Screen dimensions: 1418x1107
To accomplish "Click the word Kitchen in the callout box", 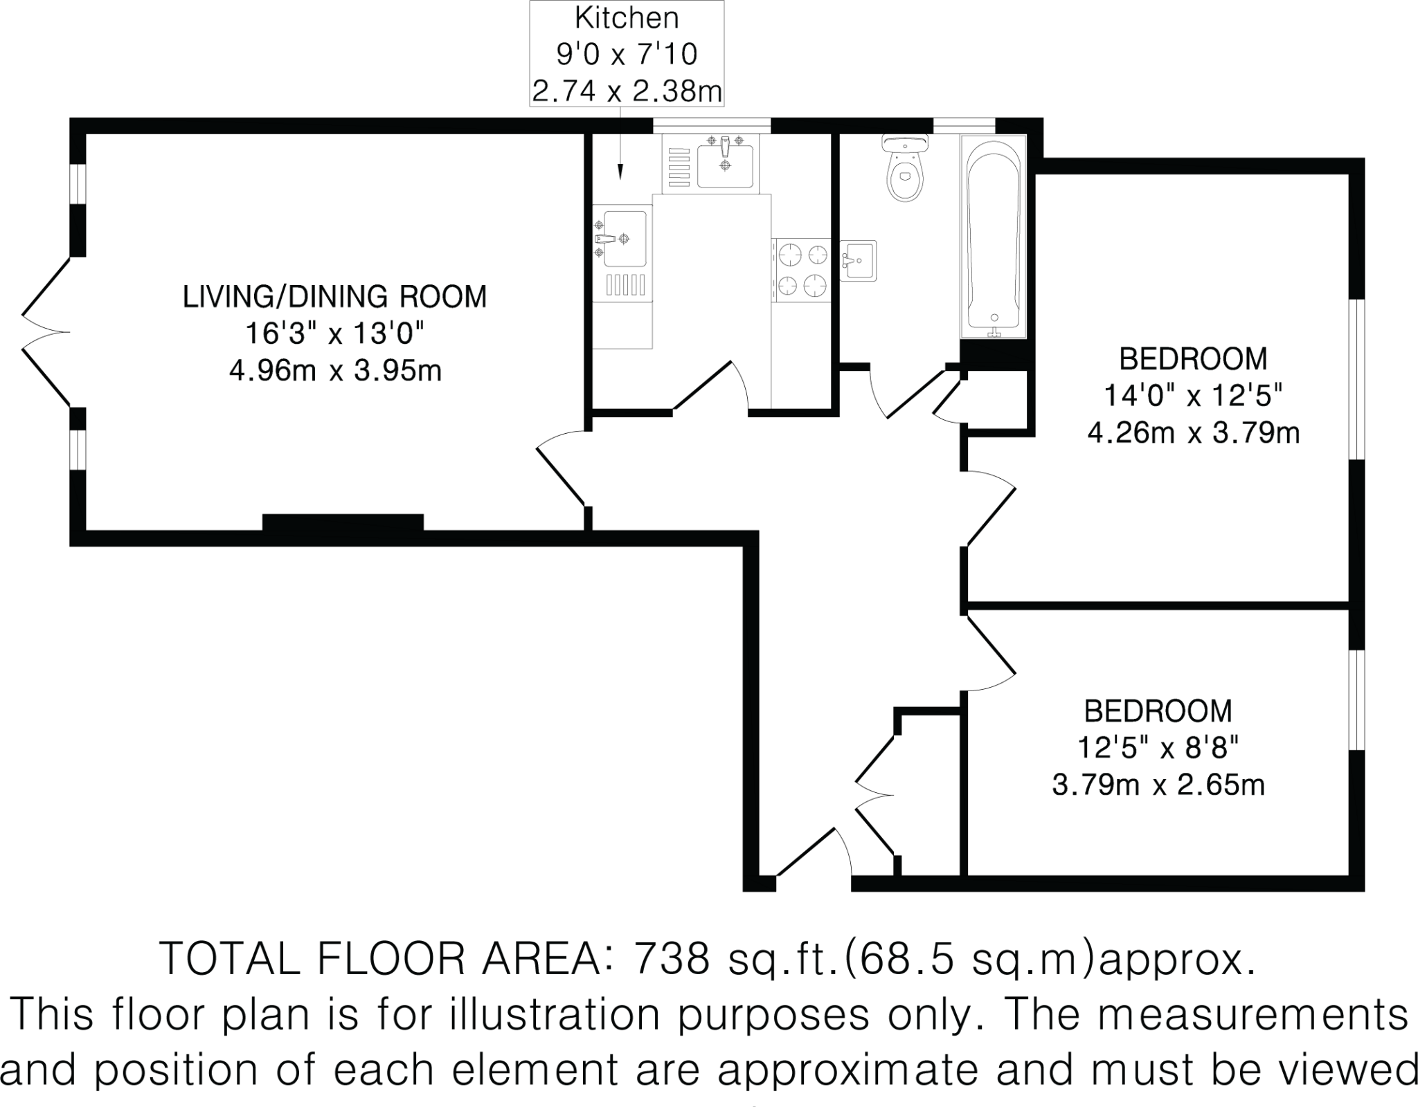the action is point(627,19).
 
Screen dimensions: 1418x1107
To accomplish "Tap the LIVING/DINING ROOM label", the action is point(334,297).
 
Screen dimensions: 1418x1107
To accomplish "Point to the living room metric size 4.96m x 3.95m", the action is point(334,371).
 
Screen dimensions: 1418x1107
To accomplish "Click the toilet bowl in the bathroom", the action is point(905,178).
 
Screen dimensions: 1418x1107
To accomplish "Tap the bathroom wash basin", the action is point(859,260).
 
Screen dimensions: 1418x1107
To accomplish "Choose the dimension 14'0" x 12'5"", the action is point(1194,396).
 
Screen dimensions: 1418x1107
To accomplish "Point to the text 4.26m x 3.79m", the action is point(1194,434).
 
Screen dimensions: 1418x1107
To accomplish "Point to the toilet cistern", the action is point(905,143).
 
